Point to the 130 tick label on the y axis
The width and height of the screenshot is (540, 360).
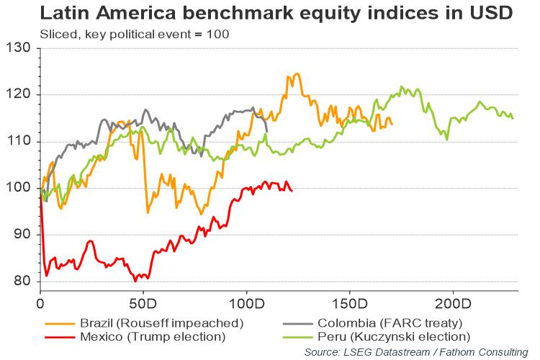click(22, 48)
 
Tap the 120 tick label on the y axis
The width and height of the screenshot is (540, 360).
click(22, 95)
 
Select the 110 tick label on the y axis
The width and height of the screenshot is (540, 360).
click(22, 142)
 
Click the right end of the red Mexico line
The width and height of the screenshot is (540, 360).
click(292, 191)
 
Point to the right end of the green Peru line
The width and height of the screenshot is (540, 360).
click(513, 119)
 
